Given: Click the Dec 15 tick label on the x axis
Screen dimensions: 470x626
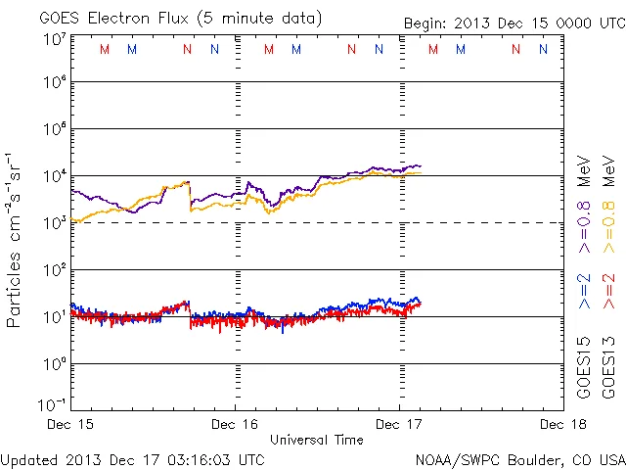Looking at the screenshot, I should point(72,425).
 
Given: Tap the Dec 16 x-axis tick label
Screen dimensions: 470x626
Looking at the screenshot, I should point(236,425).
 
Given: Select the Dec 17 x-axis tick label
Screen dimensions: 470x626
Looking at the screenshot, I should point(399,425).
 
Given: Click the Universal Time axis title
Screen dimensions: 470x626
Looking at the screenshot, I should point(316,440).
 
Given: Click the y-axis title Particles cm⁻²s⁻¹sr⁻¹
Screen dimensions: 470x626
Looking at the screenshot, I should point(17,239).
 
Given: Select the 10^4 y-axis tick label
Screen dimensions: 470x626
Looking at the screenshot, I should point(54,175).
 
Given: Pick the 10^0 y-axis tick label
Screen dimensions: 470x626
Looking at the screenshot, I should point(54,363).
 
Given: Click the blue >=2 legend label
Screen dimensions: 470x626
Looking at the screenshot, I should point(584,292).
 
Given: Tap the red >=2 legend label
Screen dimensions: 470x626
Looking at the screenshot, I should point(608,292).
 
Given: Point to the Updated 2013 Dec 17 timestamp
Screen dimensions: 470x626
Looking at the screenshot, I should point(133,458).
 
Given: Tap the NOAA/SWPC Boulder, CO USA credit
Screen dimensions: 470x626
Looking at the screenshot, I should point(519,458).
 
